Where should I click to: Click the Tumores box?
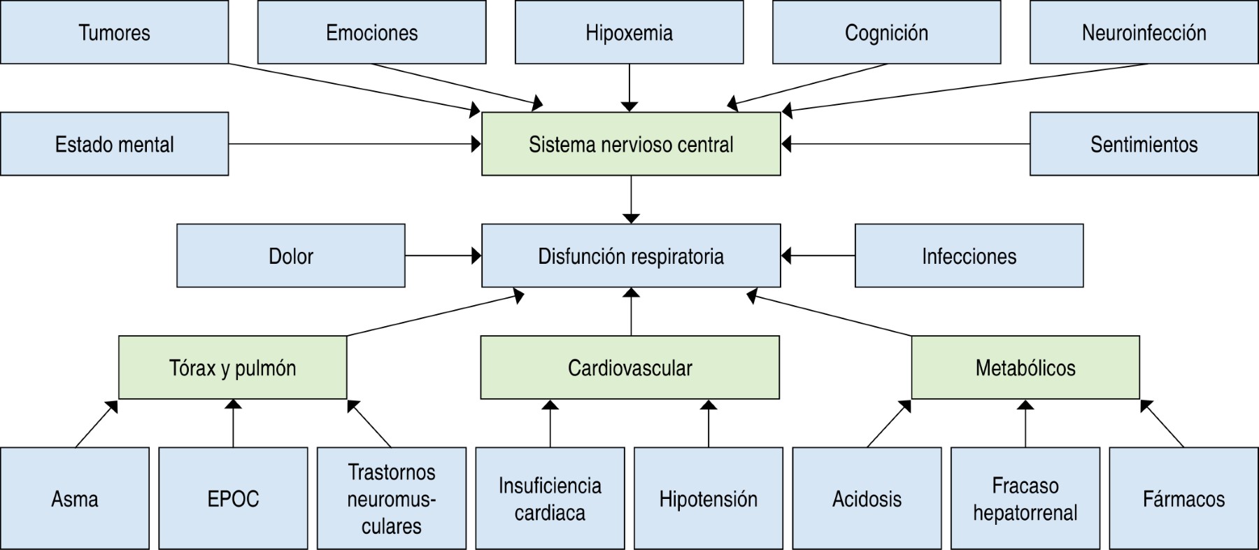pyautogui.click(x=114, y=32)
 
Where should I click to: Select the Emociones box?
pyautogui.click(x=371, y=32)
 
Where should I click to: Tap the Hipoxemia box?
pyautogui.click(x=629, y=32)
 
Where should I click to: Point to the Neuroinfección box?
pyautogui.click(x=1144, y=32)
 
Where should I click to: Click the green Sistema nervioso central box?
pyautogui.click(x=631, y=144)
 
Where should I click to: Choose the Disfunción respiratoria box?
pyautogui.click(x=631, y=256)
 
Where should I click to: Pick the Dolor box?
pyautogui.click(x=290, y=256)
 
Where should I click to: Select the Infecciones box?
pyautogui.click(x=969, y=256)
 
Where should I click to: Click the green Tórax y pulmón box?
pyautogui.click(x=232, y=367)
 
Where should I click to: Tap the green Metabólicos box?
pyautogui.click(x=1025, y=367)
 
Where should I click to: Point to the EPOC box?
pyautogui.click(x=233, y=498)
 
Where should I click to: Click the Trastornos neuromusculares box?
pyautogui.click(x=391, y=498)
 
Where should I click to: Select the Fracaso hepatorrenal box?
pyautogui.click(x=1025, y=498)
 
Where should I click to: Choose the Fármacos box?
pyautogui.click(x=1183, y=498)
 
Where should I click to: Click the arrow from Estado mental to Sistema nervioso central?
pyautogui.click(x=355, y=144)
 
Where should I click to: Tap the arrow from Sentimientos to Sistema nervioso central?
pyautogui.click(x=905, y=144)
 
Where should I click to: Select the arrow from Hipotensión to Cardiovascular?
pyautogui.click(x=709, y=423)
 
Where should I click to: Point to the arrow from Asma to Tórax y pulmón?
pyautogui.click(x=97, y=424)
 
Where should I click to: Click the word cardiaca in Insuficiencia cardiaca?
pyautogui.click(x=550, y=513)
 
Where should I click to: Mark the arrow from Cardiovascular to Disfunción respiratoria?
pyautogui.click(x=631, y=311)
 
